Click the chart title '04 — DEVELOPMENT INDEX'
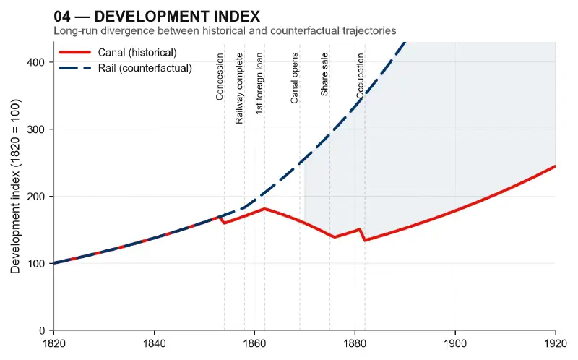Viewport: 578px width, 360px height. click(x=157, y=16)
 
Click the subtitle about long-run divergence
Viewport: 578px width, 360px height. click(x=225, y=30)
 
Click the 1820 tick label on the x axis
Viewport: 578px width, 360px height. click(x=53, y=343)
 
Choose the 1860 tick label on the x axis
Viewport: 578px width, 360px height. click(x=254, y=343)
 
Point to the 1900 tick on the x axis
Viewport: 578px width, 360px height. click(x=455, y=343)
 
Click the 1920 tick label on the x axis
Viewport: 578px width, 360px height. click(x=555, y=343)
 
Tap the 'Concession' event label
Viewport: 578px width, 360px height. click(x=220, y=77)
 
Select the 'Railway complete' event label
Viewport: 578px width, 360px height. click(x=239, y=88)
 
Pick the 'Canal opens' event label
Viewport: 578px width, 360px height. click(x=295, y=79)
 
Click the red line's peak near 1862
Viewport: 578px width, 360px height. click(x=264, y=209)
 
